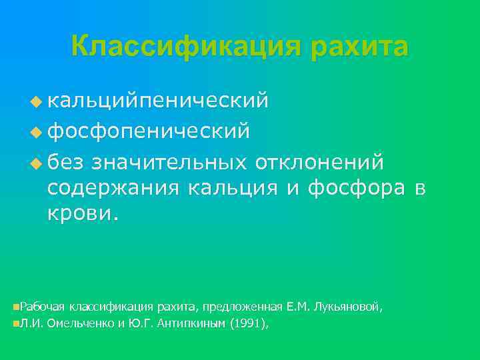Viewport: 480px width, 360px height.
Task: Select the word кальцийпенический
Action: [158, 101]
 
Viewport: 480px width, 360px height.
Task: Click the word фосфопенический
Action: [149, 131]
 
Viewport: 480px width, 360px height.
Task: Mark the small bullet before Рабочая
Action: [15, 307]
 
